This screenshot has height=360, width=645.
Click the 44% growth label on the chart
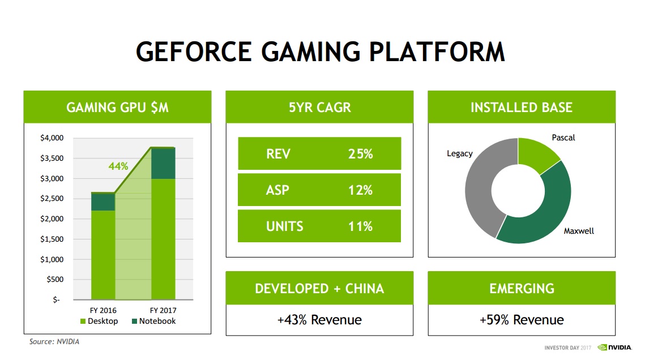pos(118,166)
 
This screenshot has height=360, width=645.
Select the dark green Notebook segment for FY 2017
pos(163,163)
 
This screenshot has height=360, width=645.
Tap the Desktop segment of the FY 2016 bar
pos(102,254)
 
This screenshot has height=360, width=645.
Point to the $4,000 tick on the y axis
pos(52,138)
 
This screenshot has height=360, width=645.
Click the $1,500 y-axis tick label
pos(52,239)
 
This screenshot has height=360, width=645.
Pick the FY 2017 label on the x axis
pos(163,310)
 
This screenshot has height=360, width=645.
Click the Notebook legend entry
pos(153,321)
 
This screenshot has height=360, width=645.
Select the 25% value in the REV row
pos(360,154)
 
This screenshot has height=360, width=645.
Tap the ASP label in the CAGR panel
pos(277,190)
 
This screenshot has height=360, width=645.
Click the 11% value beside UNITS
pos(360,226)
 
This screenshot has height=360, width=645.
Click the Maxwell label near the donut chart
pos(579,231)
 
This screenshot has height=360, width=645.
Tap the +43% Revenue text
pos(319,320)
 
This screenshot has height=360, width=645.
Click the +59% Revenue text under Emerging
pos(522,320)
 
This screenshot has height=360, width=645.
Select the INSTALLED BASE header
pos(522,108)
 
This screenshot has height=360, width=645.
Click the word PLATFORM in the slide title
pos(437,52)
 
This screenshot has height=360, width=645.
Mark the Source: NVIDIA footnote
pos(55,342)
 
